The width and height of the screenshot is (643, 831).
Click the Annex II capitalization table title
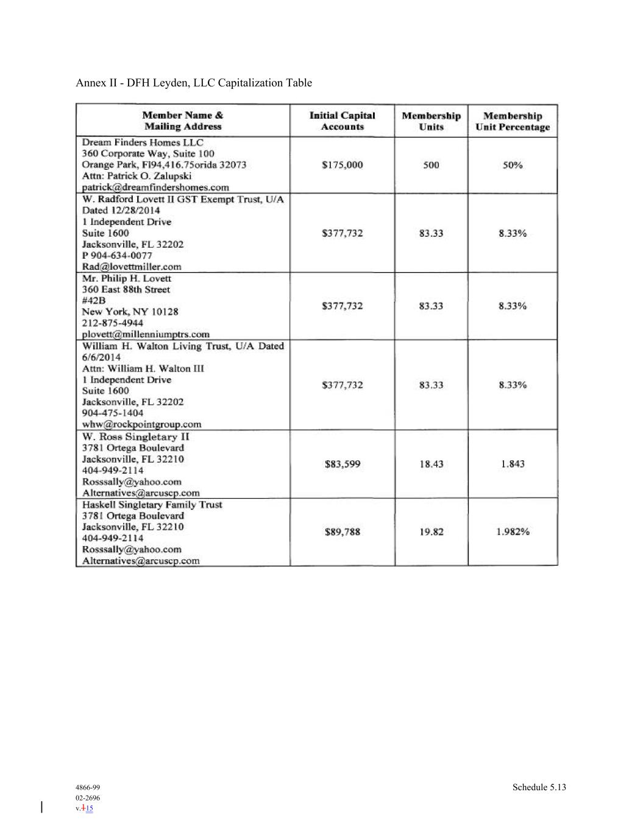(x=194, y=83)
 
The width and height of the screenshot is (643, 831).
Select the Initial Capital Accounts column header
(x=342, y=121)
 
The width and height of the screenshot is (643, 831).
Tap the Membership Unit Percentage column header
(x=513, y=121)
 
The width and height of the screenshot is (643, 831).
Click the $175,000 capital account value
(x=342, y=165)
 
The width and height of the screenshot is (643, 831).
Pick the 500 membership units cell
(x=431, y=165)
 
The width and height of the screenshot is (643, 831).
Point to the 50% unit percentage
(x=513, y=165)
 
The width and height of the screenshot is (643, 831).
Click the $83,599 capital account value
(x=342, y=464)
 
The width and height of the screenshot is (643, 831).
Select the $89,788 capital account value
(x=342, y=532)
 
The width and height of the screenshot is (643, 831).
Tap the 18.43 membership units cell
(x=431, y=464)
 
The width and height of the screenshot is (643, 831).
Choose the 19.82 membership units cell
(x=431, y=532)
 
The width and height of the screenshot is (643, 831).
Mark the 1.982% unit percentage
(x=513, y=532)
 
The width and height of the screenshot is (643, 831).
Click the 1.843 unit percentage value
(x=513, y=464)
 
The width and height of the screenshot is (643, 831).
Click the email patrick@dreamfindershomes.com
(x=155, y=188)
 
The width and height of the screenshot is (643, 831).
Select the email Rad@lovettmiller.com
(x=132, y=267)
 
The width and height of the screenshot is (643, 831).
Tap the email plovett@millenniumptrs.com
(x=146, y=334)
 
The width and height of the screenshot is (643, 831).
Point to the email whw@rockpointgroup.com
(x=141, y=424)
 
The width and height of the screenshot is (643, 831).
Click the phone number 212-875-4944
(x=113, y=323)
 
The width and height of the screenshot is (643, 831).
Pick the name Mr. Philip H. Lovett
(x=127, y=278)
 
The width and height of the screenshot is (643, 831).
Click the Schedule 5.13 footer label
(x=539, y=787)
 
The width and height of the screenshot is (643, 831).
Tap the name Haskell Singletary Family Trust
(x=152, y=505)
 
